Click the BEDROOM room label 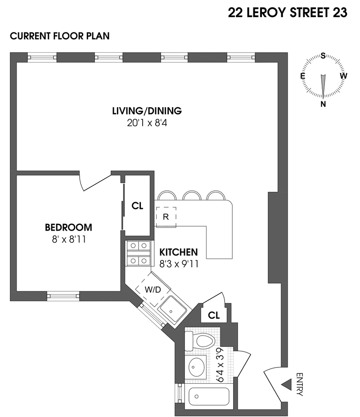point(68,227)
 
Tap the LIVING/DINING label point(147,111)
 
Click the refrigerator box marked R point(166,217)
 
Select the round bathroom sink point(197,368)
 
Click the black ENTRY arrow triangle point(286,385)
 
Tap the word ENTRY point(299,384)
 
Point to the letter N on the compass point(323,104)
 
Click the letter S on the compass point(323,56)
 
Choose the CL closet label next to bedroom point(137,206)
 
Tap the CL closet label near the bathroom point(214,316)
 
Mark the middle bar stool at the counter point(191,196)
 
